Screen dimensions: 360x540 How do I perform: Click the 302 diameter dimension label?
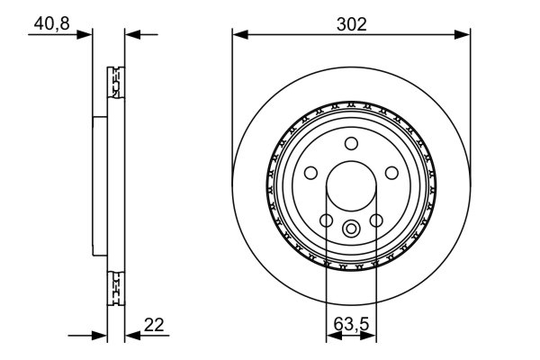click(x=352, y=24)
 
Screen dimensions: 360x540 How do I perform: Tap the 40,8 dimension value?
click(x=52, y=24)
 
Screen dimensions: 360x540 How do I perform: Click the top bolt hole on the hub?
click(x=352, y=141)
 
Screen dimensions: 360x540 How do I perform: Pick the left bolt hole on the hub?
click(x=310, y=172)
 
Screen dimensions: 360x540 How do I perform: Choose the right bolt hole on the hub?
click(x=392, y=172)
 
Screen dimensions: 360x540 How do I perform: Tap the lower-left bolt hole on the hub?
click(x=326, y=220)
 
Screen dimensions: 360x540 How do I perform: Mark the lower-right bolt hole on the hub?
click(x=377, y=220)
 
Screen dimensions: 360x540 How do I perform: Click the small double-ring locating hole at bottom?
click(x=352, y=227)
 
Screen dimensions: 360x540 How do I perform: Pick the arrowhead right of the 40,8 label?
click(x=87, y=35)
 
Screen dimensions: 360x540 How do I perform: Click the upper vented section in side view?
click(x=114, y=86)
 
